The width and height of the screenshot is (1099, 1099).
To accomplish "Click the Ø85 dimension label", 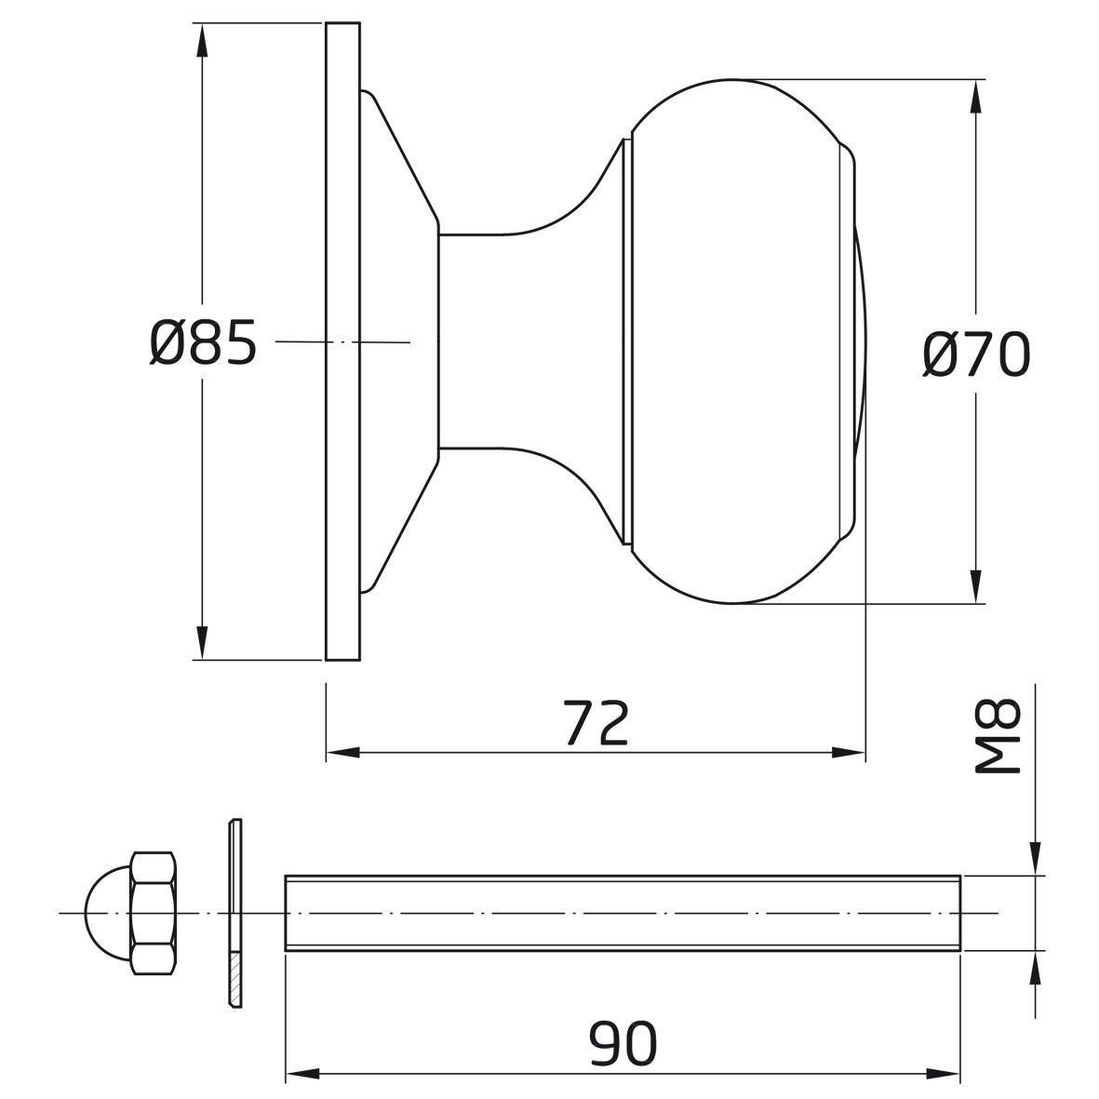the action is point(203,342).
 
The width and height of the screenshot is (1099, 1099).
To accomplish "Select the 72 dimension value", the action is point(596,722).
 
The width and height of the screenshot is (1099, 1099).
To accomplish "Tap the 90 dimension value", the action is point(623,1043).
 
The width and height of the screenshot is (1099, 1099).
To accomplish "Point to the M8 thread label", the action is point(998,736).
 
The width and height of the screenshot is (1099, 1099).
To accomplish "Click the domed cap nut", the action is point(131,913).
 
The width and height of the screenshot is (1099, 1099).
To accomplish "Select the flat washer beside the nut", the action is point(235,913).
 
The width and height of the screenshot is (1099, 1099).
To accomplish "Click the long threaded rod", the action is point(623,913).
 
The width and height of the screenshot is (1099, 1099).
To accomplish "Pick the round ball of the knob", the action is point(743,342).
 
